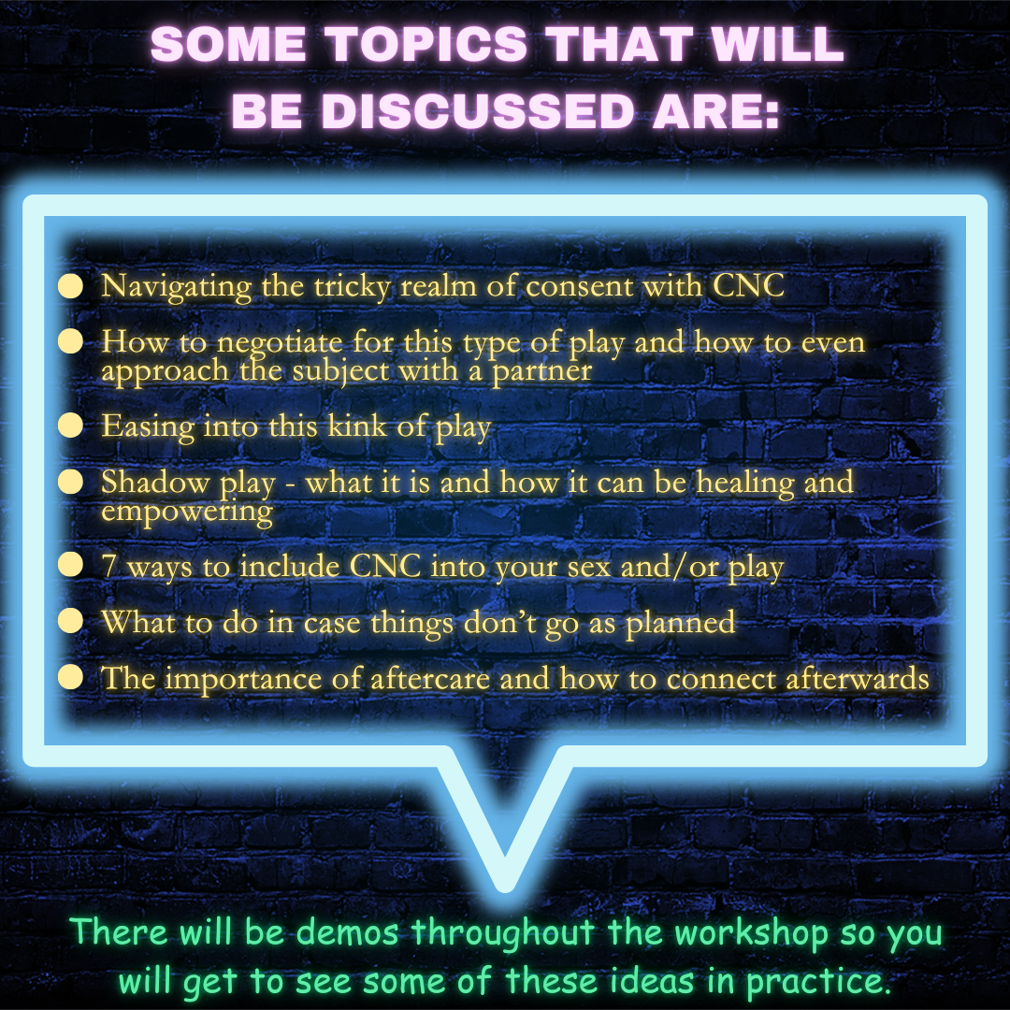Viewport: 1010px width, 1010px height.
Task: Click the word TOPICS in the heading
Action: pos(426,45)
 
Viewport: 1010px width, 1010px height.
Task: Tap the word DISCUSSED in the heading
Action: pos(478,110)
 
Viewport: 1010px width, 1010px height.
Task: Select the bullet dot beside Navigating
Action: pos(70,286)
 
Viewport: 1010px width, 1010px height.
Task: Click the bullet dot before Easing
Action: pos(70,426)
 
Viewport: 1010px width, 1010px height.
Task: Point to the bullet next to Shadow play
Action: pos(70,482)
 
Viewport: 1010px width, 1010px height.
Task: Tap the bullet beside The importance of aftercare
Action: pos(70,678)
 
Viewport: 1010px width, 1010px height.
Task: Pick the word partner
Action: pos(541,372)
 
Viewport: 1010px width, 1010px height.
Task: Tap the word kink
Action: pos(357,426)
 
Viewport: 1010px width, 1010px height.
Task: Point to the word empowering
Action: pos(187,512)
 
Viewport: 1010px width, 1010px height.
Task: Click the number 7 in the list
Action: pos(108,566)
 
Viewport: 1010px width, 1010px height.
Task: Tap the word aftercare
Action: pos(429,678)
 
